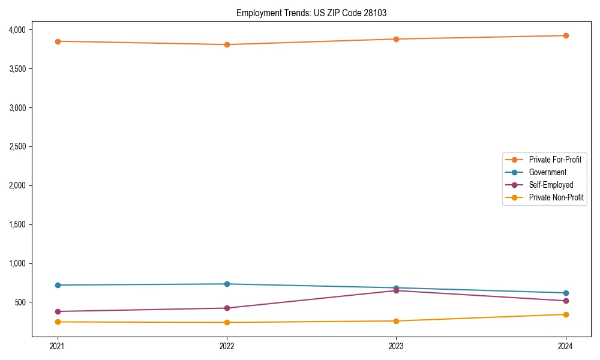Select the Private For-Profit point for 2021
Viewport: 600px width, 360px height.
tap(58, 41)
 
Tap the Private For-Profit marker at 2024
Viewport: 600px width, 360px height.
tap(566, 35)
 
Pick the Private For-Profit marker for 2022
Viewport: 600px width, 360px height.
tap(227, 44)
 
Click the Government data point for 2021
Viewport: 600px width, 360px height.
tap(58, 285)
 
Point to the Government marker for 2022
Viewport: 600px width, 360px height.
tap(227, 284)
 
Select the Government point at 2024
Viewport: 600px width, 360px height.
tap(566, 293)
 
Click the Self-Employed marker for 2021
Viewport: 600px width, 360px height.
tap(58, 311)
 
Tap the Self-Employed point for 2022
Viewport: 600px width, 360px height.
tap(227, 308)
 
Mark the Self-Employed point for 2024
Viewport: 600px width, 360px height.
tap(566, 301)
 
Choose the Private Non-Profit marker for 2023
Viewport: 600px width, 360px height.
tap(397, 321)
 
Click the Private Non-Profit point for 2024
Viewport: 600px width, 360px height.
tap(566, 314)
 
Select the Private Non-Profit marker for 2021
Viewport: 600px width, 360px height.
tap(58, 322)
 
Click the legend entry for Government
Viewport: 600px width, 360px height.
tap(547, 172)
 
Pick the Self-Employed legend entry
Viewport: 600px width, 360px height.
tap(551, 185)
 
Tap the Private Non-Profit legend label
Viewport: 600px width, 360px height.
tap(556, 197)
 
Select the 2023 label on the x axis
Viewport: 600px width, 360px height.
tap(397, 346)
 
